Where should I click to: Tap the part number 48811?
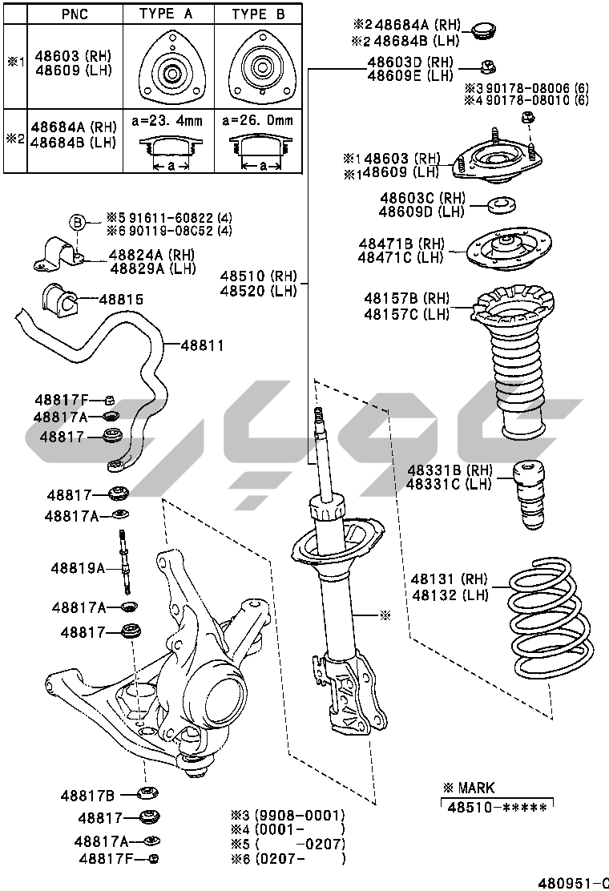(x=202, y=345)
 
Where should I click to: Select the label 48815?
(x=121, y=300)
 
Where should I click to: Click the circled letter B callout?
(x=78, y=222)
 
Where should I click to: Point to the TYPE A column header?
(x=166, y=14)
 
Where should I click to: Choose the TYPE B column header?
(x=259, y=14)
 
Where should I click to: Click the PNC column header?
(x=75, y=14)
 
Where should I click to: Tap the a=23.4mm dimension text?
(x=167, y=120)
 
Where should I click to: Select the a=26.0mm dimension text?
(x=258, y=120)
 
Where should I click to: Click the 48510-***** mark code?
(x=497, y=808)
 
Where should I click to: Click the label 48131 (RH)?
(x=449, y=579)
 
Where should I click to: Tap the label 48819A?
(x=78, y=567)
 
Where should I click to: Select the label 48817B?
(x=87, y=796)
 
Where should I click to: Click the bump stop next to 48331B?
(x=529, y=494)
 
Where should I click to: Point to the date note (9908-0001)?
(x=300, y=816)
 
